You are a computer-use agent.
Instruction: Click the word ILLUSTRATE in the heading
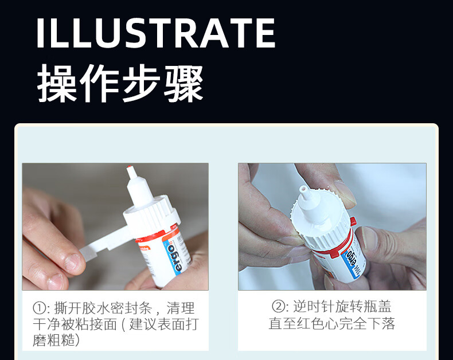coord(156,33)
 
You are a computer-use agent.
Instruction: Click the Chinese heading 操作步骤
coord(120,84)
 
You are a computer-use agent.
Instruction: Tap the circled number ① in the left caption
coord(40,308)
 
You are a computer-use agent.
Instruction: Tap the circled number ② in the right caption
coord(279,306)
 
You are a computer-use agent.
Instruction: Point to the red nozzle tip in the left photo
coord(129,167)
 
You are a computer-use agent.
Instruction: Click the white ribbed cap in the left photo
coord(151,214)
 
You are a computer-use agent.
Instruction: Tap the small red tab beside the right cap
coord(353,221)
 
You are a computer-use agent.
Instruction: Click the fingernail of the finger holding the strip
coord(72,263)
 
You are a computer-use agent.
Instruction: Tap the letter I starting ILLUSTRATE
coord(40,33)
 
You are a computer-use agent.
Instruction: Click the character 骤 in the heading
coord(183,84)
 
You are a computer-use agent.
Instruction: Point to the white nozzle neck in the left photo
coord(138,189)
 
